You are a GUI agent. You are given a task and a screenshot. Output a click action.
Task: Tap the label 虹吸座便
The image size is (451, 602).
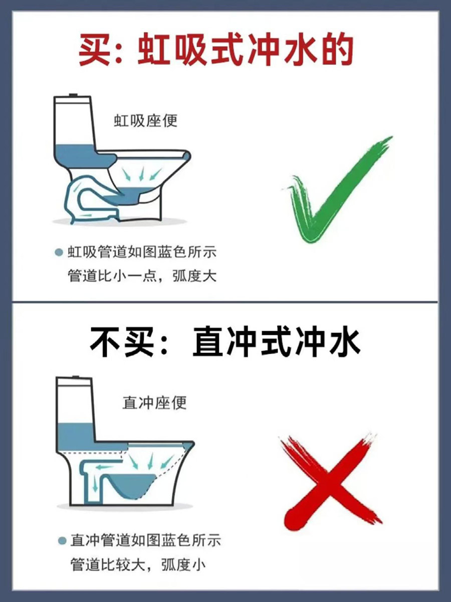[146, 121]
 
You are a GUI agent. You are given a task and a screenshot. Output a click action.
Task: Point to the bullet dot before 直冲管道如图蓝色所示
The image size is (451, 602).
[62, 541]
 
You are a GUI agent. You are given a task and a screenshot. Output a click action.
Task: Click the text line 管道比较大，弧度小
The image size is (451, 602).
[138, 565]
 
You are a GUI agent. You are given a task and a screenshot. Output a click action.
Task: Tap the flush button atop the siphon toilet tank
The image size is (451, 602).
[74, 95]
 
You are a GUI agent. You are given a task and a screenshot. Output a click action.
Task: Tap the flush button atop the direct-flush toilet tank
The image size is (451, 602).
[76, 376]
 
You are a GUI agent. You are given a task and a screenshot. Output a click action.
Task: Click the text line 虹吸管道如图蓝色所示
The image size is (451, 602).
[142, 252]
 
